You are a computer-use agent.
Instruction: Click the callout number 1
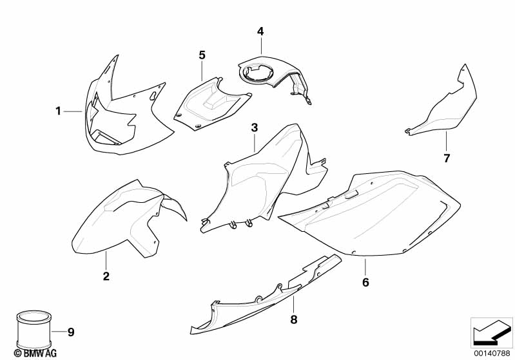click(58, 111)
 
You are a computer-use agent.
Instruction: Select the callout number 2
click(106, 276)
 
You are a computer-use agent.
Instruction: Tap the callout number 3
click(255, 128)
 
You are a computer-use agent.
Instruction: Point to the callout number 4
click(260, 32)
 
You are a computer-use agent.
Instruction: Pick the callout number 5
click(202, 55)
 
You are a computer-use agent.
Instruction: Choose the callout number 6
click(365, 282)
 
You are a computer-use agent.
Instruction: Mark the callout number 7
click(447, 158)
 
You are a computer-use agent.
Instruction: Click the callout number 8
click(294, 319)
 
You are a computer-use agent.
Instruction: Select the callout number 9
click(71, 332)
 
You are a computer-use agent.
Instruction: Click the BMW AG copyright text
click(35, 353)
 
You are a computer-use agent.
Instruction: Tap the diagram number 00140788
click(492, 354)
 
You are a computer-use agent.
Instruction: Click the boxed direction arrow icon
click(492, 333)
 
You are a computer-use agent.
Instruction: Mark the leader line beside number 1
click(73, 111)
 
